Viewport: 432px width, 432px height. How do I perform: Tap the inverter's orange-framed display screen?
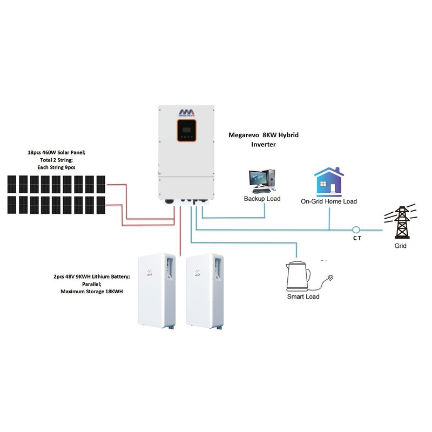click(x=186, y=133)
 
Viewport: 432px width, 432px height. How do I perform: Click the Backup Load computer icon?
click(x=262, y=181)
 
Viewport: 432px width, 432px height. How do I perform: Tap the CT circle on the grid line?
click(x=356, y=230)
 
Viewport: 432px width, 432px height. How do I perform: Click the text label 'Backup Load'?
click(x=262, y=199)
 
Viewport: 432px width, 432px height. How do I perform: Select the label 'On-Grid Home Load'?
click(x=329, y=201)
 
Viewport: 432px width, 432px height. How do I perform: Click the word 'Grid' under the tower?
click(x=400, y=246)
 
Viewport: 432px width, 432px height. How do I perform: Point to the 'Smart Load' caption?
click(x=303, y=296)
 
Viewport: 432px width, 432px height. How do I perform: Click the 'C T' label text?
click(x=357, y=238)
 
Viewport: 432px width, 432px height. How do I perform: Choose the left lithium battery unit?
click(x=157, y=291)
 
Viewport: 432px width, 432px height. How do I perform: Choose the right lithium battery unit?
click(x=205, y=291)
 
